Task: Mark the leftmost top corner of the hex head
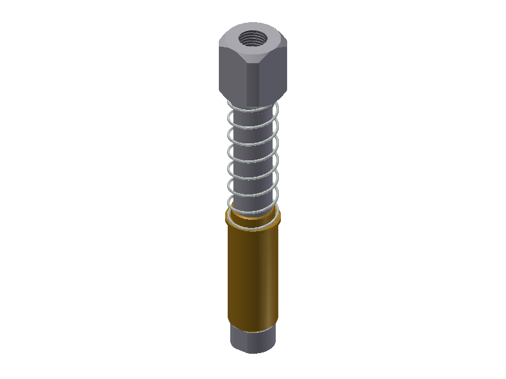(x=219, y=46)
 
